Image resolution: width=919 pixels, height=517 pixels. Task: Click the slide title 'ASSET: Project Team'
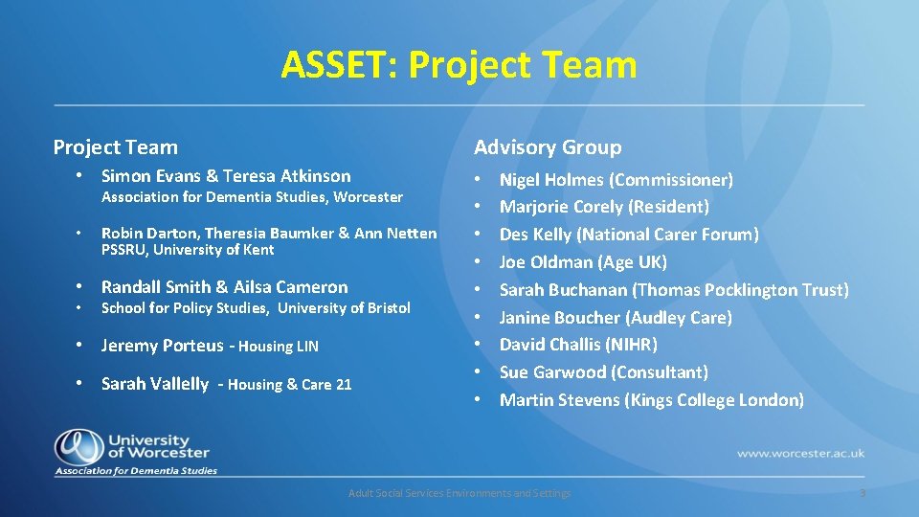(459, 65)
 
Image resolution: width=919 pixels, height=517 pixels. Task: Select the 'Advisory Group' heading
(548, 147)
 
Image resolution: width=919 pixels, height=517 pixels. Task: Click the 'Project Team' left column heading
(116, 147)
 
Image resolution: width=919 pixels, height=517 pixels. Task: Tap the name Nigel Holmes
(552, 180)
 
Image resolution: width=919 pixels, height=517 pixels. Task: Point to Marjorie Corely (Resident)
(604, 207)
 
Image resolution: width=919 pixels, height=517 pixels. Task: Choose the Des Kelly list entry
(629, 235)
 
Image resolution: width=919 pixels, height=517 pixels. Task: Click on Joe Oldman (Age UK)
(583, 262)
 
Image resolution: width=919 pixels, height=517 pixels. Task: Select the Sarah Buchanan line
(674, 290)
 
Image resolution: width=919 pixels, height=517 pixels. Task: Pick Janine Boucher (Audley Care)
(616, 318)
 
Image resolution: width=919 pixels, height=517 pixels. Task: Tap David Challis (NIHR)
(578, 345)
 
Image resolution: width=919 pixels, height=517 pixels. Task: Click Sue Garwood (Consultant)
(603, 372)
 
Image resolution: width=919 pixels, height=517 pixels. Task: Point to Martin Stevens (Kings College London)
(651, 400)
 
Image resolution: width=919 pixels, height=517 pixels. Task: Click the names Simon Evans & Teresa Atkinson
(226, 176)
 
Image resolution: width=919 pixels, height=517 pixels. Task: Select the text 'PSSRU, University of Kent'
(188, 250)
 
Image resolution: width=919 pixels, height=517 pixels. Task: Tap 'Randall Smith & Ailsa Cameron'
(225, 287)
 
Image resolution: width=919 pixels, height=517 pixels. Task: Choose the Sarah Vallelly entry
(155, 384)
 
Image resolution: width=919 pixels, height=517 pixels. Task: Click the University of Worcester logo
(135, 451)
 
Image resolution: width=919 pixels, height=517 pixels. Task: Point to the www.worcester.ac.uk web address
(800, 453)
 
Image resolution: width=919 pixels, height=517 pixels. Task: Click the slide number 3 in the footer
(862, 493)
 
